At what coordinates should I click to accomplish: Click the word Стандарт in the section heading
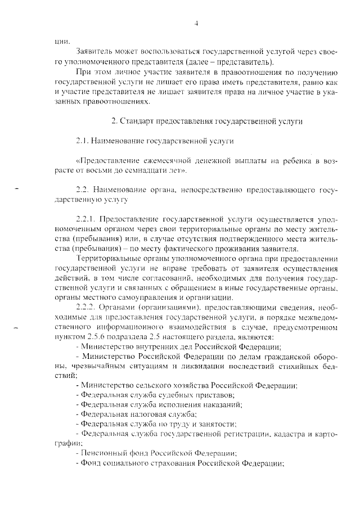138,121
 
